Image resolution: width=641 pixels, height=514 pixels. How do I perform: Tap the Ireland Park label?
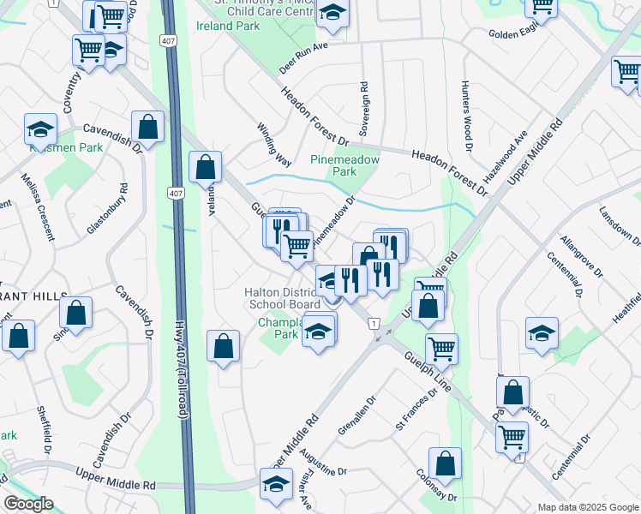[x=227, y=26]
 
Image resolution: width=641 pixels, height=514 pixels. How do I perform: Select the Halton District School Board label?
[x=283, y=298]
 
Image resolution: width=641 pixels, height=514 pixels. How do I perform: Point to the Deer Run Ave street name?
[x=304, y=58]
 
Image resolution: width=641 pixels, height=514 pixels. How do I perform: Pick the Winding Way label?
[x=274, y=143]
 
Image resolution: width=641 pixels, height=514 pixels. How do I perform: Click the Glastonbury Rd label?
[x=106, y=210]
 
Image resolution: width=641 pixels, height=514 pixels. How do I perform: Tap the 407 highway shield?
[x=176, y=194]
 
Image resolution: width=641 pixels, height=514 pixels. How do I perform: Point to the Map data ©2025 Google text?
[x=587, y=507]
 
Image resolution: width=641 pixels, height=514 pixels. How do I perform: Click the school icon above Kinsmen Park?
[x=40, y=129]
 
